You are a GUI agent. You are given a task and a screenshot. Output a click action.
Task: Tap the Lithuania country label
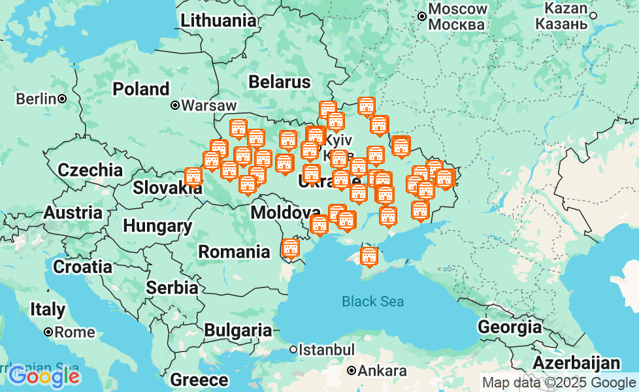(x=218, y=20)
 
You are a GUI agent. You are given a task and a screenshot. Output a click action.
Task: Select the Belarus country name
(x=279, y=82)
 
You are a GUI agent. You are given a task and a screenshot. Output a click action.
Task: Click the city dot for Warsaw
(x=175, y=105)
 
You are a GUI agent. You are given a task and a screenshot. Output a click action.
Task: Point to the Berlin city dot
(x=62, y=99)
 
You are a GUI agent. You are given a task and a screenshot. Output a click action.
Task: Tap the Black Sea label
(x=372, y=301)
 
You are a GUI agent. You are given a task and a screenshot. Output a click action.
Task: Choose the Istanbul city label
(x=327, y=350)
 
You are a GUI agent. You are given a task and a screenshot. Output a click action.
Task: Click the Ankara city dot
(x=352, y=371)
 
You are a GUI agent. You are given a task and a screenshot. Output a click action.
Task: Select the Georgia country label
(x=509, y=327)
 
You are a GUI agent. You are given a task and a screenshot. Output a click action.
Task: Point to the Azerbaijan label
(x=576, y=363)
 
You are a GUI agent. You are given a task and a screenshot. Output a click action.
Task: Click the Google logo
(x=44, y=376)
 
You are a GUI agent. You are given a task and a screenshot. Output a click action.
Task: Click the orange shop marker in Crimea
(x=369, y=256)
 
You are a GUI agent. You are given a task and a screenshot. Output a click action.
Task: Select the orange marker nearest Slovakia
(x=193, y=176)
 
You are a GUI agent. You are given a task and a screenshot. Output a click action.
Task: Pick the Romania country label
(x=234, y=252)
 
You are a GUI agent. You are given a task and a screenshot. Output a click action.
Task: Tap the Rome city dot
(x=48, y=332)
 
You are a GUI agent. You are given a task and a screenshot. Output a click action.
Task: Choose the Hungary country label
(x=157, y=226)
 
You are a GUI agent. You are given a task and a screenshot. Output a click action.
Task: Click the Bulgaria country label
(x=238, y=331)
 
